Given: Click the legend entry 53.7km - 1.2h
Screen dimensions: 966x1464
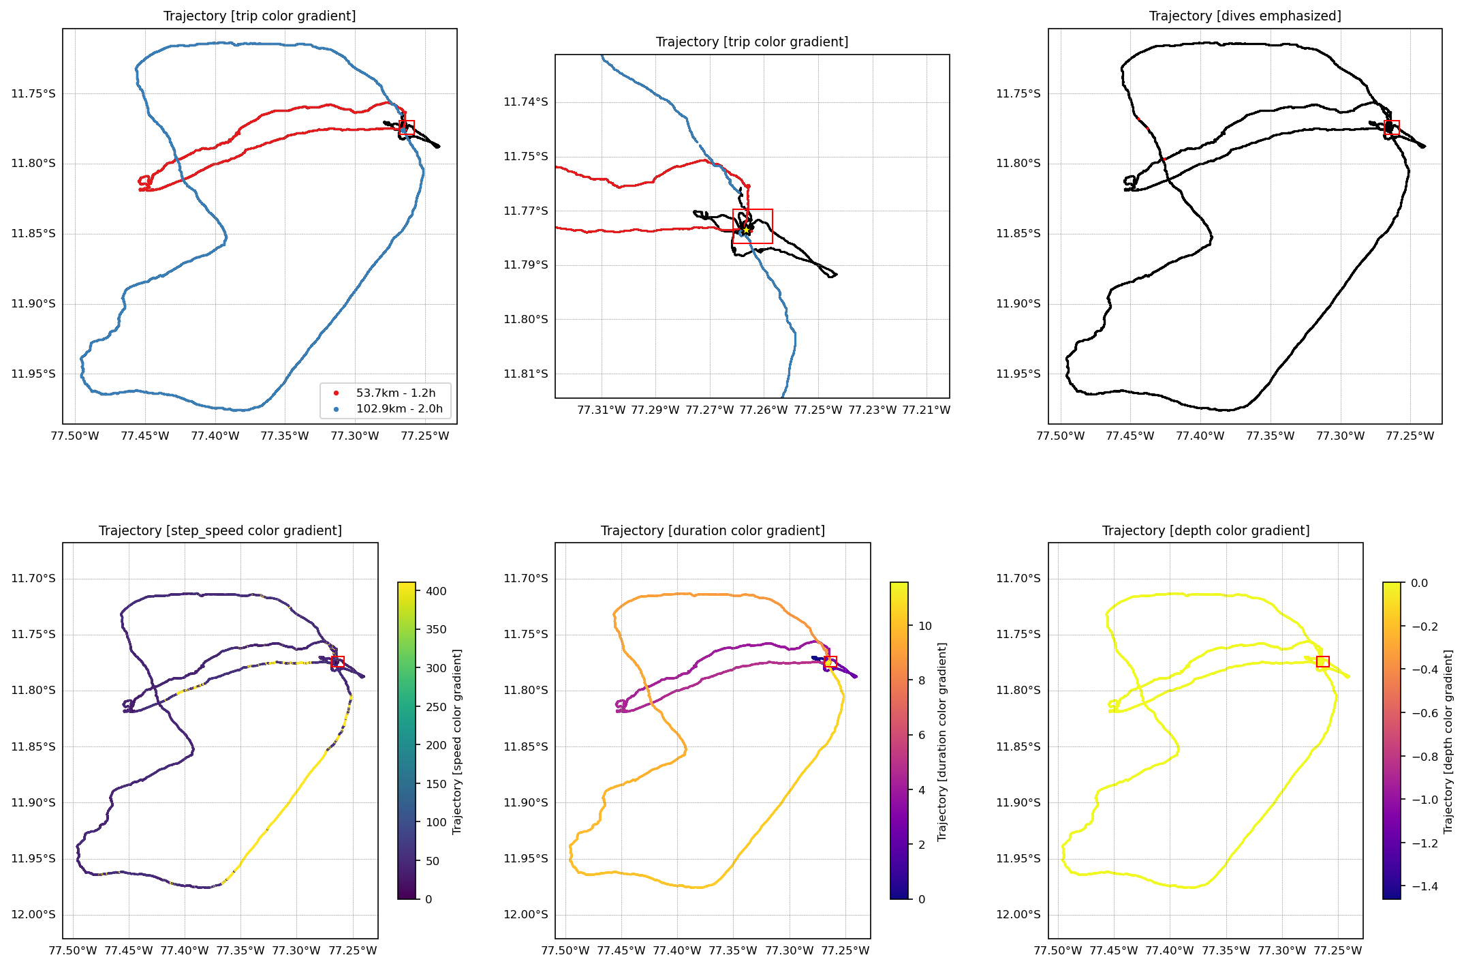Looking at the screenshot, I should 395,393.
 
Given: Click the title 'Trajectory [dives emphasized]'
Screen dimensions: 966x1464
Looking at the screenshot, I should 1245,16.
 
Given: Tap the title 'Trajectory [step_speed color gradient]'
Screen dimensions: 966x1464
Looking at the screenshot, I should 220,530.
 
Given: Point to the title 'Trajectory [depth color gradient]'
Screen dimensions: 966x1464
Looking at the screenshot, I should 1205,530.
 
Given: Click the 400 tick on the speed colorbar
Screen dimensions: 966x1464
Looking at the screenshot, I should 436,591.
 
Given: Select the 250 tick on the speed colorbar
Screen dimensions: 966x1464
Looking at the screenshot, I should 436,707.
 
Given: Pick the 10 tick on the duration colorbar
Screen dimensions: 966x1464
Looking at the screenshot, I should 924,626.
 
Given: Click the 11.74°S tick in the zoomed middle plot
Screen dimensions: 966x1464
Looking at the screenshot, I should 525,102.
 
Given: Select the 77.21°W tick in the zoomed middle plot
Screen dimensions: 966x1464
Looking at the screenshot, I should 926,410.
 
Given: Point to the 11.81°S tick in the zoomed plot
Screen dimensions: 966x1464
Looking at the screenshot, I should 525,374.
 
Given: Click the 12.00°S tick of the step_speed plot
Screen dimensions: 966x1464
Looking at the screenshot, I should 33,915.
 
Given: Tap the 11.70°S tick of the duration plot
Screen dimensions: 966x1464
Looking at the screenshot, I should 525,579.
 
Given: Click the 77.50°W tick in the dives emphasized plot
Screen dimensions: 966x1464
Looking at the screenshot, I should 1060,436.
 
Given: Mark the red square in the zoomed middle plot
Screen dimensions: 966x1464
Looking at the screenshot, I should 753,226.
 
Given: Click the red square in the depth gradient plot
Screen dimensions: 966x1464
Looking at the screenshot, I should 1323,662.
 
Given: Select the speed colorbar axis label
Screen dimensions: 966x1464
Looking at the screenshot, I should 457,742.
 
